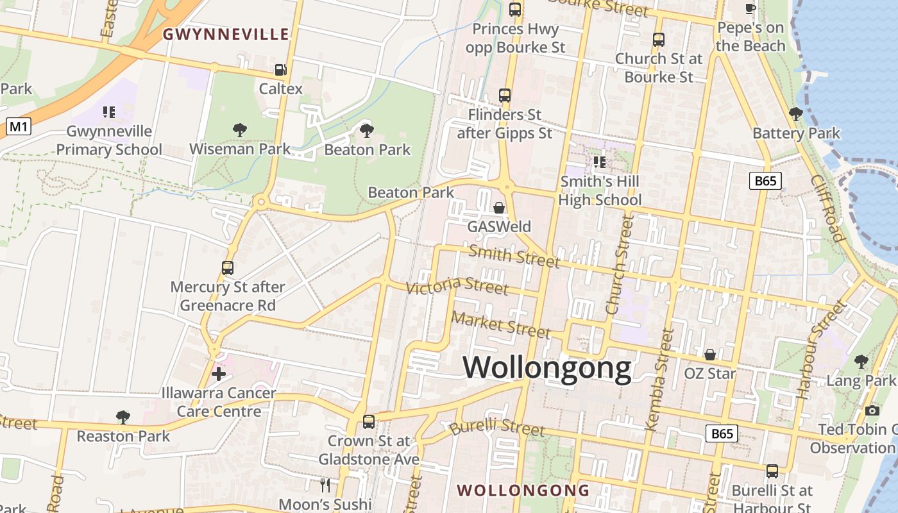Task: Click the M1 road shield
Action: point(19,127)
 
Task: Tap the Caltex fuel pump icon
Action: point(280,70)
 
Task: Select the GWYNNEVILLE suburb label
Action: point(226,35)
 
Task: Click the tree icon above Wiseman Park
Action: point(240,130)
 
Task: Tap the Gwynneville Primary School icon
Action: point(109,112)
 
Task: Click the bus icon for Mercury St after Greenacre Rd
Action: point(227,268)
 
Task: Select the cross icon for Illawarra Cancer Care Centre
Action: point(219,373)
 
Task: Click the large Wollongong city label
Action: point(547,368)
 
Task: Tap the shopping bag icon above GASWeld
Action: point(499,208)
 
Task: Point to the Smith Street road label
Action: point(514,256)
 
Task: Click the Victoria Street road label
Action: point(458,285)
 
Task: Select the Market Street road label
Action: point(501,324)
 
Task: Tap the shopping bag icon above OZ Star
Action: point(710,355)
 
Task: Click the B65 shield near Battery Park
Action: point(765,181)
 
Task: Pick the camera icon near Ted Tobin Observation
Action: point(872,410)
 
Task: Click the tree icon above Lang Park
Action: point(861,362)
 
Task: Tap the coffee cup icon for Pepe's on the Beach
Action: point(750,8)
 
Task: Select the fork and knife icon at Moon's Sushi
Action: point(325,485)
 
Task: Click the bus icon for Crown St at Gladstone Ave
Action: point(368,422)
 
